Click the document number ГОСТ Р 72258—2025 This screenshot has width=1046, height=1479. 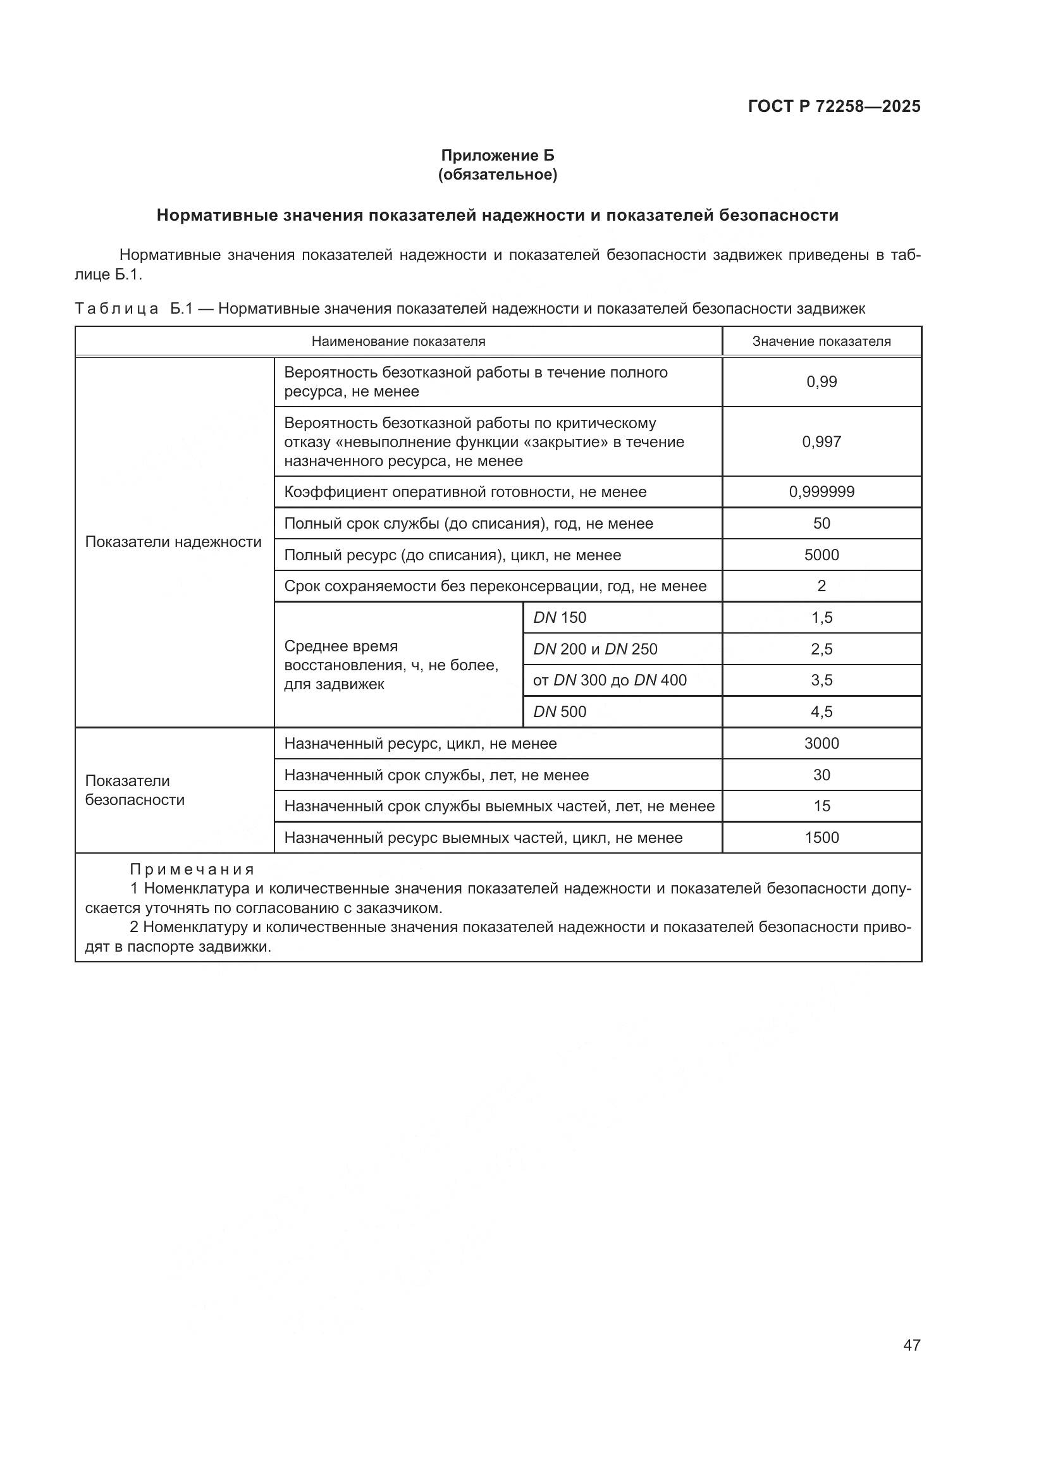pyautogui.click(x=834, y=107)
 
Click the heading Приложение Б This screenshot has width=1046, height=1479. pyautogui.click(x=497, y=156)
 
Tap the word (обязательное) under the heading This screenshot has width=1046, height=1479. pyautogui.click(x=497, y=175)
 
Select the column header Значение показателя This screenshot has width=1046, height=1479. pyautogui.click(x=821, y=341)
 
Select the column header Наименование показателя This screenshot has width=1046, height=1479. pyautogui.click(x=398, y=341)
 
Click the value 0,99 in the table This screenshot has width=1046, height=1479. pyautogui.click(x=821, y=382)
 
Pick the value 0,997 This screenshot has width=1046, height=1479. pyautogui.click(x=821, y=442)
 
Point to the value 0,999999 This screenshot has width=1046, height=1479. pyautogui.click(x=821, y=492)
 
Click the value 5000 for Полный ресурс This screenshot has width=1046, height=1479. pyautogui.click(x=821, y=555)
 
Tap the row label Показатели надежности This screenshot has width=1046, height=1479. pyautogui.click(x=173, y=542)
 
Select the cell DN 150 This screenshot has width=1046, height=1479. pyautogui.click(x=560, y=618)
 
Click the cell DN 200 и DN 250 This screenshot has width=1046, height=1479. pyautogui.click(x=595, y=649)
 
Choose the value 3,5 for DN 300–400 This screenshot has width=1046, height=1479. pyautogui.click(x=821, y=680)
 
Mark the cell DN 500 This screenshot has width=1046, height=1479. pyautogui.click(x=560, y=712)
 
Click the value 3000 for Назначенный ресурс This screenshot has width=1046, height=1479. pyautogui.click(x=821, y=744)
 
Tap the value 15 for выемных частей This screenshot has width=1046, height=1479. pyautogui.click(x=821, y=806)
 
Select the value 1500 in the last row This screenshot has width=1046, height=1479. pyautogui.click(x=821, y=838)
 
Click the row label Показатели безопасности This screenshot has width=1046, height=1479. pyautogui.click(x=135, y=790)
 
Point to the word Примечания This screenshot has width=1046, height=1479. pyautogui.click(x=192, y=870)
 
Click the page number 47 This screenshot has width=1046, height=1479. pyautogui.click(x=911, y=1345)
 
